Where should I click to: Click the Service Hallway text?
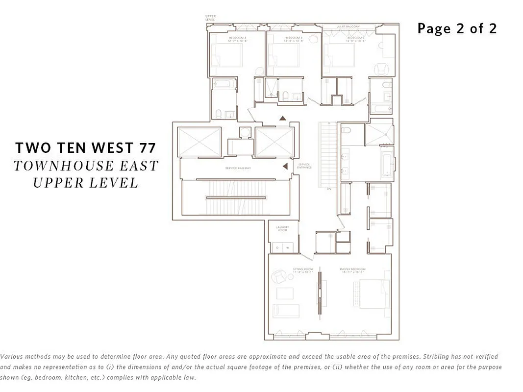pos(238,169)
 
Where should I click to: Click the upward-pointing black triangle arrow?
pos(282,118)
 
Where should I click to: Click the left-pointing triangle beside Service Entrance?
pos(285,167)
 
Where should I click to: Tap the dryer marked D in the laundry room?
pos(277,248)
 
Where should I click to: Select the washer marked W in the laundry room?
pos(287,248)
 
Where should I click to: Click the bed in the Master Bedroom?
pos(368,294)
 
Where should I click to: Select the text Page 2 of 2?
pos(457,28)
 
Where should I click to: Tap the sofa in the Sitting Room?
pos(286,311)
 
